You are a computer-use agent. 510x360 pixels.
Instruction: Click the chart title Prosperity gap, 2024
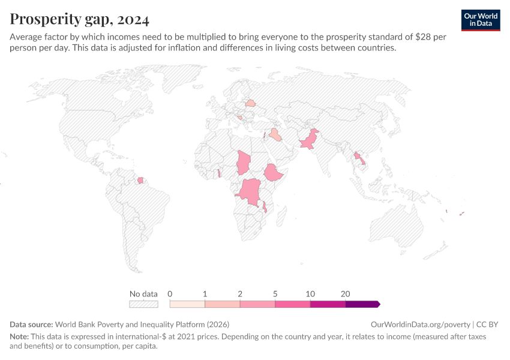(x=79, y=19)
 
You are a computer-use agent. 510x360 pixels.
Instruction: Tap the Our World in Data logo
(x=480, y=20)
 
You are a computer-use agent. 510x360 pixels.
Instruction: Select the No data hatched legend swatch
(x=143, y=304)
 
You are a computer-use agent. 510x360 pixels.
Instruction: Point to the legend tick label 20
(x=346, y=294)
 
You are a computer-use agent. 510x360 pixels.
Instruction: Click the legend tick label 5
(x=275, y=294)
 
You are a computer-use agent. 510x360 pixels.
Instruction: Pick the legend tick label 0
(x=170, y=294)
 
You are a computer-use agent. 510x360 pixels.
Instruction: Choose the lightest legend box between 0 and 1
(x=187, y=304)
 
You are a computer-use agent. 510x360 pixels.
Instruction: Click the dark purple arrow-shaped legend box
(x=362, y=304)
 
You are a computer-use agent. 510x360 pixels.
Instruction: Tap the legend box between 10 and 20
(x=328, y=304)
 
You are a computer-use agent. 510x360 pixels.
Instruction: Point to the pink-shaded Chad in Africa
(x=244, y=161)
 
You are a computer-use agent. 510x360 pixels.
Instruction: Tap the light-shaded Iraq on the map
(x=275, y=134)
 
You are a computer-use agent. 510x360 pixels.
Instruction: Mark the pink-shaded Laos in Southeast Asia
(x=358, y=157)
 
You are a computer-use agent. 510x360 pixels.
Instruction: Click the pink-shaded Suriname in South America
(x=141, y=179)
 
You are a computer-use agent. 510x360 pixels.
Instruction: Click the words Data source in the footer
(x=31, y=324)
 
